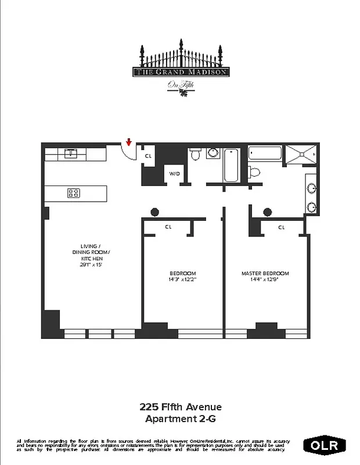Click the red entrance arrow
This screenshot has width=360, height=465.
coord(129,142)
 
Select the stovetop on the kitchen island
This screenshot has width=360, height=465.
coord(74,193)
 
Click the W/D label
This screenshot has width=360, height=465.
coord(174,174)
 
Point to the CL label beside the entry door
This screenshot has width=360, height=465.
coord(148,156)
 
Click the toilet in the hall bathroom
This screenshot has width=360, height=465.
coord(196,154)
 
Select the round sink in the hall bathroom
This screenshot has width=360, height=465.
coord(213,153)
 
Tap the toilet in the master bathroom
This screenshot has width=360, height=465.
coord(253,171)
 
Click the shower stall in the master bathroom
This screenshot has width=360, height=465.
coord(300,153)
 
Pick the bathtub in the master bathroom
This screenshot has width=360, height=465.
coord(265,153)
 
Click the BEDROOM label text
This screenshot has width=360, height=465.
coord(182,273)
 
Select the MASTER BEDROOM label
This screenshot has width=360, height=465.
coord(265,273)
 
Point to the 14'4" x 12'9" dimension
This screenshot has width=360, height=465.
coord(265,280)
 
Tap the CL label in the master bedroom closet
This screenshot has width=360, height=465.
coord(281,227)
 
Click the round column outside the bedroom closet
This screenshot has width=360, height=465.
coord(154,212)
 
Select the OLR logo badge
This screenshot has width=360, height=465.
coord(325,446)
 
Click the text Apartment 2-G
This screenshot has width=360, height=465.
coord(180,418)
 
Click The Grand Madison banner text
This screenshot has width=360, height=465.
coord(180,72)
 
